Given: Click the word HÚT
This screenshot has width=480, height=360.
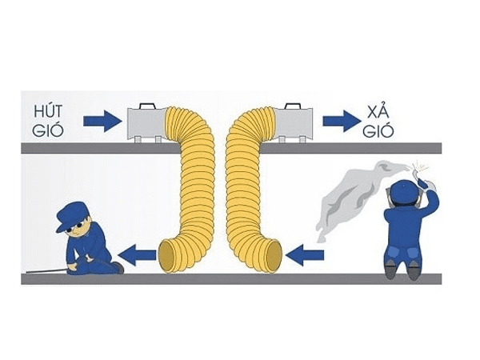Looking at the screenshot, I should coord(53,110).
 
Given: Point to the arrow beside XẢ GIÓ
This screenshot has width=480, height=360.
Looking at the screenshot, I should coord(342,121).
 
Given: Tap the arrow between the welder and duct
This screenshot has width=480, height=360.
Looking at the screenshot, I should coord(305,255).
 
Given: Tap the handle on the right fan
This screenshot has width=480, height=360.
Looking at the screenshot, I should coord(292,106).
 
